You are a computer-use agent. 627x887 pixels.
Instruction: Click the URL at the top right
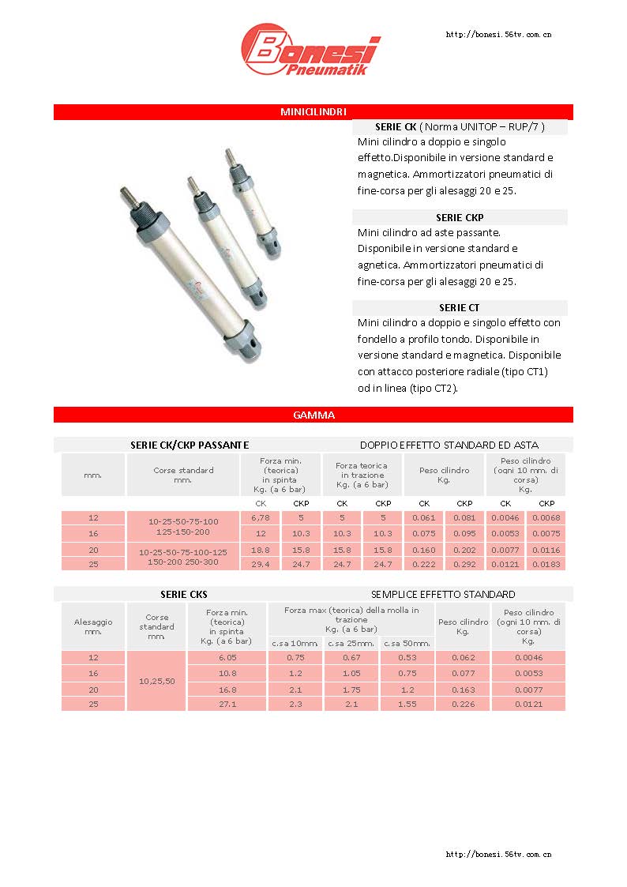(x=498, y=35)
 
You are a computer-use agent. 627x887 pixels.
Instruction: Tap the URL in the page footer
(x=498, y=854)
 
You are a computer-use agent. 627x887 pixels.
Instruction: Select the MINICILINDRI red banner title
(x=313, y=112)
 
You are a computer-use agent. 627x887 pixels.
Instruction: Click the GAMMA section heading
(x=313, y=415)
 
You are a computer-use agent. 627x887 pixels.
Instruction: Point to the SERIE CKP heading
(x=460, y=217)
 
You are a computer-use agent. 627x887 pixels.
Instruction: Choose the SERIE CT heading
(x=460, y=307)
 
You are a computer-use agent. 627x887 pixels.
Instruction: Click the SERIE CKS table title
(x=184, y=594)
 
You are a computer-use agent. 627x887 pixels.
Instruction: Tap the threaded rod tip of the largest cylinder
(x=124, y=193)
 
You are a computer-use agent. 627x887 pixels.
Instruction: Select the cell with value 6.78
(x=260, y=518)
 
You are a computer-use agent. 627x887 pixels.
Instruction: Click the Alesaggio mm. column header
(x=93, y=626)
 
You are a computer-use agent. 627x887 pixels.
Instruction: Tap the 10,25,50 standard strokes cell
(x=156, y=681)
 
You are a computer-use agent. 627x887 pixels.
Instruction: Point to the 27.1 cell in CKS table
(x=227, y=703)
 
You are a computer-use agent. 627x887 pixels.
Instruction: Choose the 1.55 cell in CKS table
(x=407, y=703)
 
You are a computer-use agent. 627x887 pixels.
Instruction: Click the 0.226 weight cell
(x=463, y=703)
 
